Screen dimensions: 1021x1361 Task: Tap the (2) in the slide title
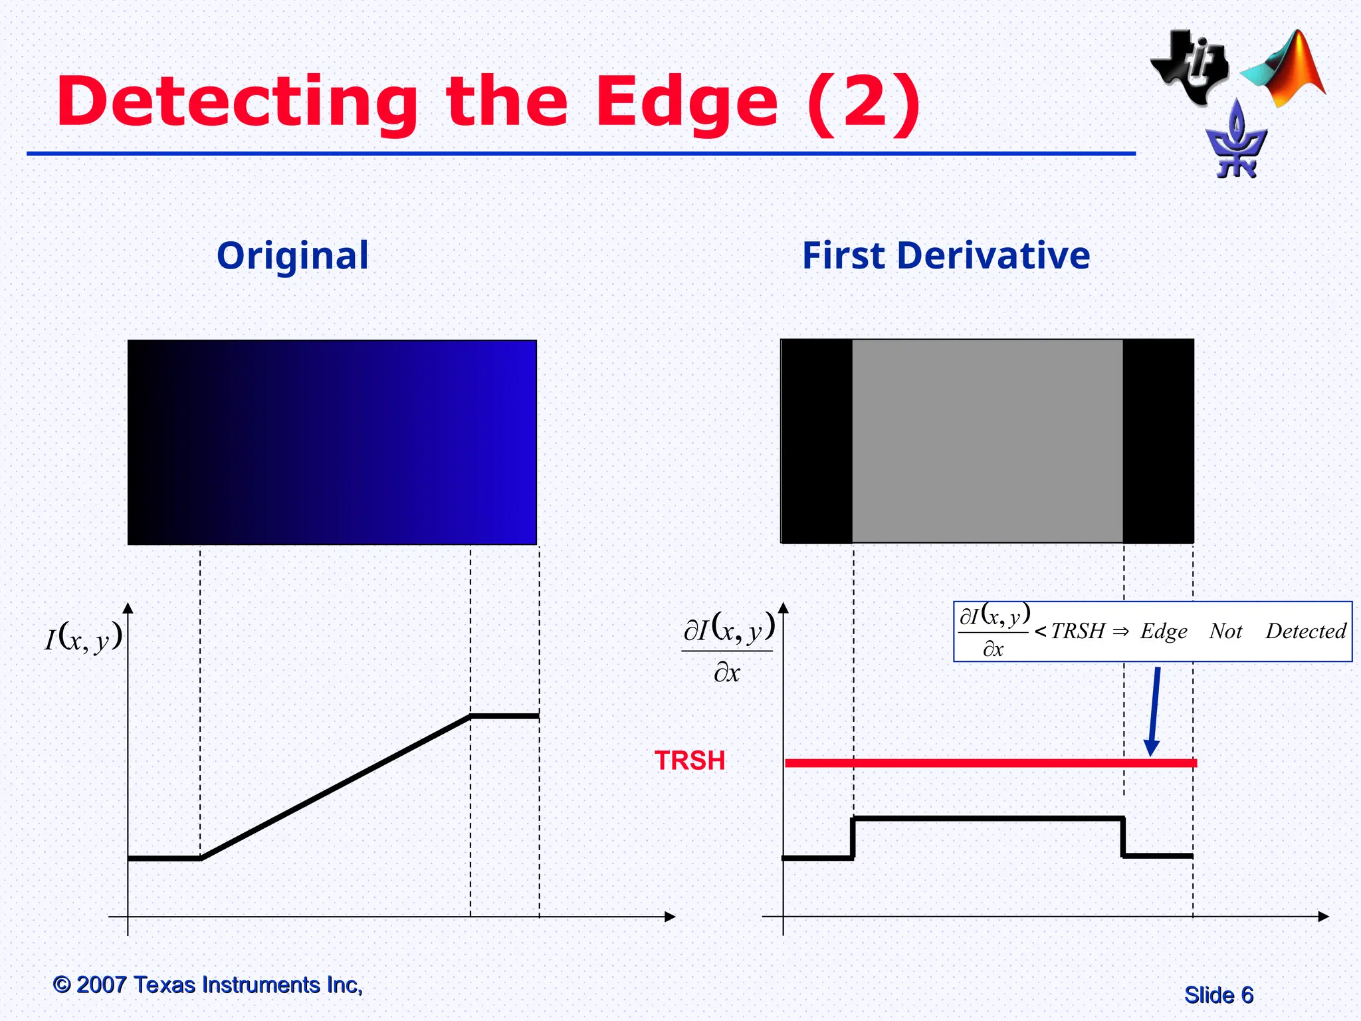tap(863, 103)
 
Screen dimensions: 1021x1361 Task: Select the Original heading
tap(292, 255)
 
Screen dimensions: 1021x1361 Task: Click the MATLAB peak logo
tap(1286, 70)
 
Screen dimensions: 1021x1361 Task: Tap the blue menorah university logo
tap(1236, 143)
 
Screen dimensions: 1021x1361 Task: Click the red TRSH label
tap(690, 760)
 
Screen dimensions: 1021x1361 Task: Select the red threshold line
tap(990, 763)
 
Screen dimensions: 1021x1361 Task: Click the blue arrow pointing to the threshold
tap(1154, 711)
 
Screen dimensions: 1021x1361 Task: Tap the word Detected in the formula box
tap(1305, 631)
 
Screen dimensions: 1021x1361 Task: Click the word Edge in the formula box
tap(1164, 631)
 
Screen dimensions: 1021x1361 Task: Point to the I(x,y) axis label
tap(84, 637)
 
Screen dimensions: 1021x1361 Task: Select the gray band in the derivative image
tap(987, 441)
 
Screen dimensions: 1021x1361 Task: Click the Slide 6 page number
tap(1218, 995)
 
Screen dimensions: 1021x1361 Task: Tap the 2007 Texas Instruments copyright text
tap(207, 984)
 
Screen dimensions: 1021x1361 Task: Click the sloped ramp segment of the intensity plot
tap(336, 788)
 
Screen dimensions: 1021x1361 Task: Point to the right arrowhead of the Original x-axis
tap(671, 917)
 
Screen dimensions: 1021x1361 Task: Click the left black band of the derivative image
tap(817, 441)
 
